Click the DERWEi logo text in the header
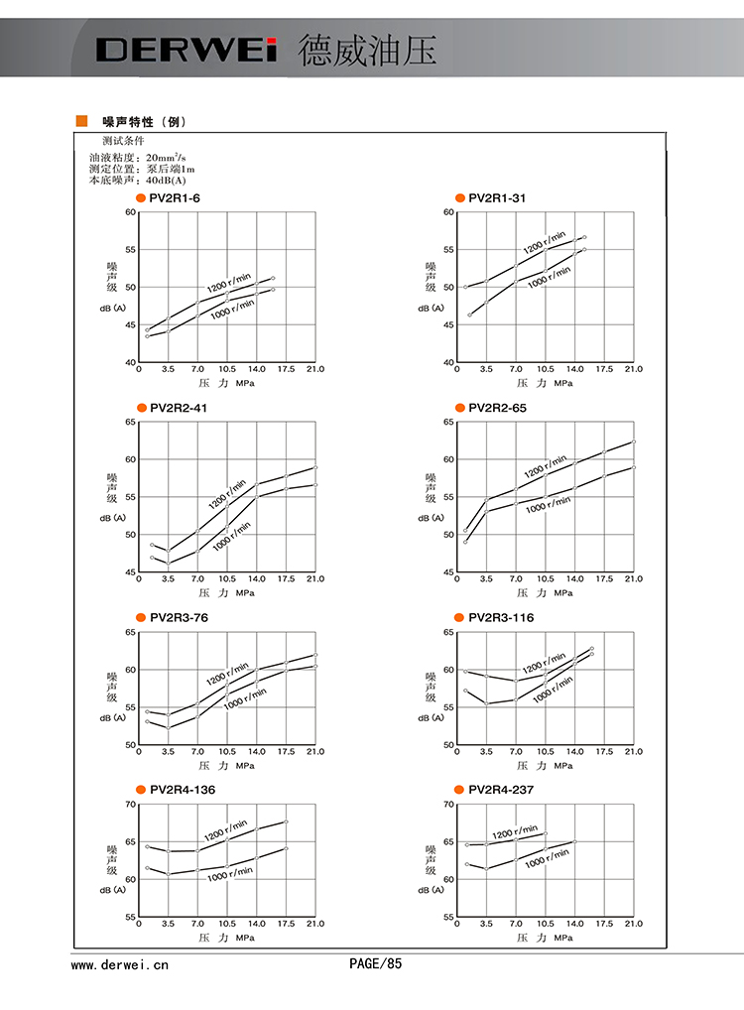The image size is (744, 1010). pyautogui.click(x=186, y=50)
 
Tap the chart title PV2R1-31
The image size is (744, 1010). pyautogui.click(x=497, y=198)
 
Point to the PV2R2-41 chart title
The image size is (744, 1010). pyautogui.click(x=179, y=408)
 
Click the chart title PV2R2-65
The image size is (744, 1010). pyautogui.click(x=497, y=408)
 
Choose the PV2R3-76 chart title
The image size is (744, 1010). pyautogui.click(x=179, y=618)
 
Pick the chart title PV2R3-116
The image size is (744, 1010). pyautogui.click(x=501, y=618)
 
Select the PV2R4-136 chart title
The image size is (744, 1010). pyautogui.click(x=183, y=790)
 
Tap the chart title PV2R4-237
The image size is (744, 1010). pyautogui.click(x=501, y=790)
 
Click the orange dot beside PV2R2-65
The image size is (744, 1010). pyautogui.click(x=459, y=408)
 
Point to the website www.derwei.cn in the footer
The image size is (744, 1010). pyautogui.click(x=120, y=963)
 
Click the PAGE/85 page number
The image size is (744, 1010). pyautogui.click(x=375, y=963)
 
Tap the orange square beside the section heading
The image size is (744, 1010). pyautogui.click(x=82, y=121)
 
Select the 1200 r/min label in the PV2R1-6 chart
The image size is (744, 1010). pyautogui.click(x=229, y=276)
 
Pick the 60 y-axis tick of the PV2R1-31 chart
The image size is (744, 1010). pyautogui.click(x=448, y=212)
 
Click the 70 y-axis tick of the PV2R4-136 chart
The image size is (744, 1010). pyautogui.click(x=130, y=804)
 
